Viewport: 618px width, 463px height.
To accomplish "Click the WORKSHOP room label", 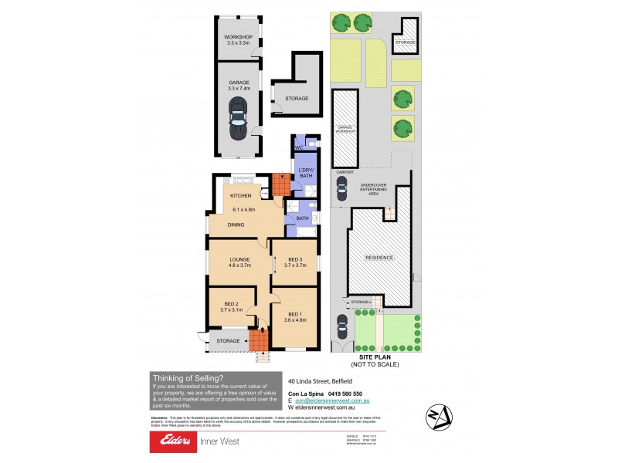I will [x=239, y=36].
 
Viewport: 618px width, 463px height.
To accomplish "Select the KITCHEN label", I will [x=242, y=196].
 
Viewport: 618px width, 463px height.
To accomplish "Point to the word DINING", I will [x=236, y=225].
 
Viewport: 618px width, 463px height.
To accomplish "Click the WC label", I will [x=298, y=147].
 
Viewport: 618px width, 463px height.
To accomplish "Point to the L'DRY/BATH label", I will [x=305, y=173].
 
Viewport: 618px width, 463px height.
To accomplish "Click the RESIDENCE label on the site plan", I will [x=379, y=258].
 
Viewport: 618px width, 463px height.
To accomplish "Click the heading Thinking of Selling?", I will [x=188, y=377].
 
